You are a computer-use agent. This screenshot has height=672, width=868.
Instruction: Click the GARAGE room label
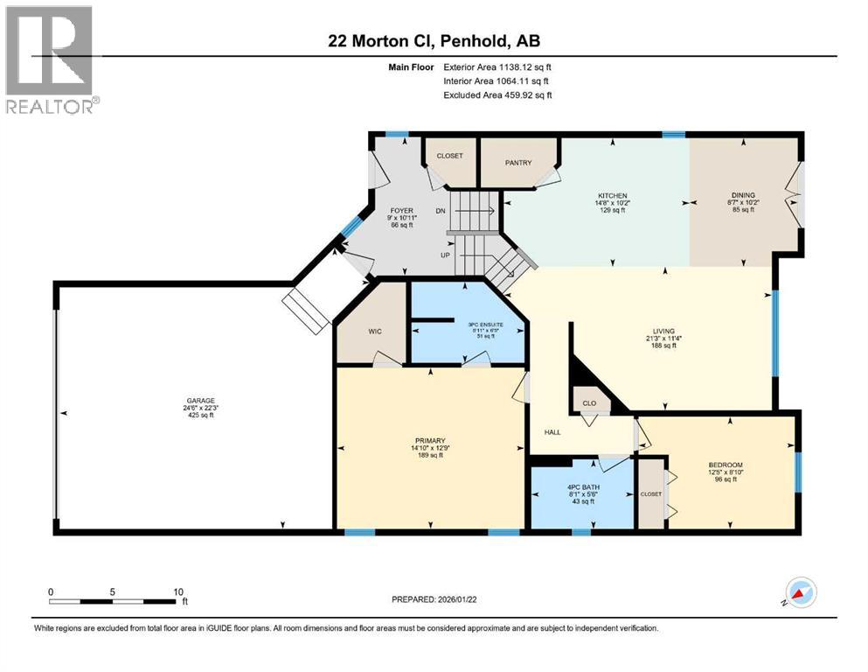[199, 401]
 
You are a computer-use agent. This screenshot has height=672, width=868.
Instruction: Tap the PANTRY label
[518, 162]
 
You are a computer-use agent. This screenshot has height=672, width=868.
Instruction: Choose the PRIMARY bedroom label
[431, 440]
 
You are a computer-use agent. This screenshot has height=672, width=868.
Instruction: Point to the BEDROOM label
[726, 465]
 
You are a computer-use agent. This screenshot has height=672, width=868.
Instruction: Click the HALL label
[552, 432]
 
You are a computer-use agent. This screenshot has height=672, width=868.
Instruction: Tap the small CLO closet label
[590, 403]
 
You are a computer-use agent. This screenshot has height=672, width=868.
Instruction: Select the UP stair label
[445, 254]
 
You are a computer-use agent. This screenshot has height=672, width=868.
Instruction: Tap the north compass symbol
[801, 593]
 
